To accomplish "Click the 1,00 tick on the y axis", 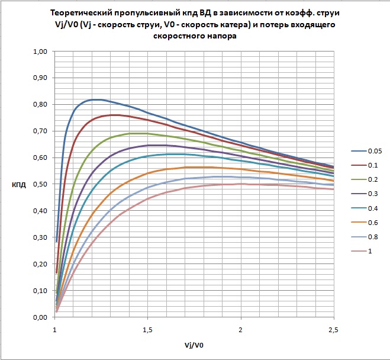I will (x=39, y=52).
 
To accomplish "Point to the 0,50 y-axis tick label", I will (x=39, y=184).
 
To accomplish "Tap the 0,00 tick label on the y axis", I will (x=39, y=317).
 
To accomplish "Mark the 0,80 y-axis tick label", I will (x=39, y=105).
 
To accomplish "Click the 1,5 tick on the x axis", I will (x=147, y=328).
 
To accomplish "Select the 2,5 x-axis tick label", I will (x=333, y=328).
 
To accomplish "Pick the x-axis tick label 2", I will (x=240, y=328).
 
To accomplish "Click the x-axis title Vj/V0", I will (x=194, y=344).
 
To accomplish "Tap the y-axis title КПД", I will (x=18, y=185).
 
